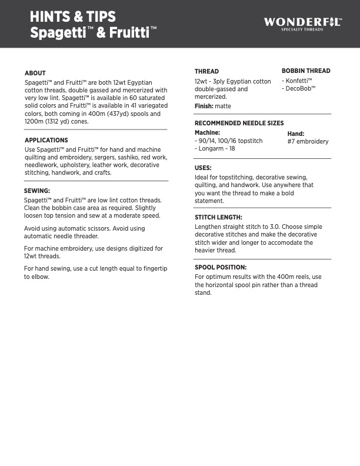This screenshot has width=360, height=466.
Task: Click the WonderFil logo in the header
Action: point(302,24)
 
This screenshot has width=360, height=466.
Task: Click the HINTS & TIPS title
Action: point(73,17)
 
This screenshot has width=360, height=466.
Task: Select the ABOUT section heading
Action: point(35,73)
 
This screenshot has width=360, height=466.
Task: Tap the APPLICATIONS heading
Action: point(46,141)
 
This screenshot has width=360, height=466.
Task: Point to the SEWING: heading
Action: point(36,191)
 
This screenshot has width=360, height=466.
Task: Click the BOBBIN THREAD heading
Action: point(306,71)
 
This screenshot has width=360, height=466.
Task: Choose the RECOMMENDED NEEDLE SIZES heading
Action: point(239,123)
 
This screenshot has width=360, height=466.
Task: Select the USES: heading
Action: point(203,168)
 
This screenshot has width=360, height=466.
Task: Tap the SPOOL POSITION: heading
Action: point(221,267)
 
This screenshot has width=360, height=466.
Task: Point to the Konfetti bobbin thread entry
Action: point(297,80)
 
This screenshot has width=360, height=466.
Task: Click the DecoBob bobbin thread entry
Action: point(299,88)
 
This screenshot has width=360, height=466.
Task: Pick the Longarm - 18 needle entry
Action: point(215,149)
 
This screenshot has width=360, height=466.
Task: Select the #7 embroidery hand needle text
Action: point(308,142)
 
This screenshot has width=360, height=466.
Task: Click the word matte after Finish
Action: point(223,106)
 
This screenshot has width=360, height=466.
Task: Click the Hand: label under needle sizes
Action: point(295,134)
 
